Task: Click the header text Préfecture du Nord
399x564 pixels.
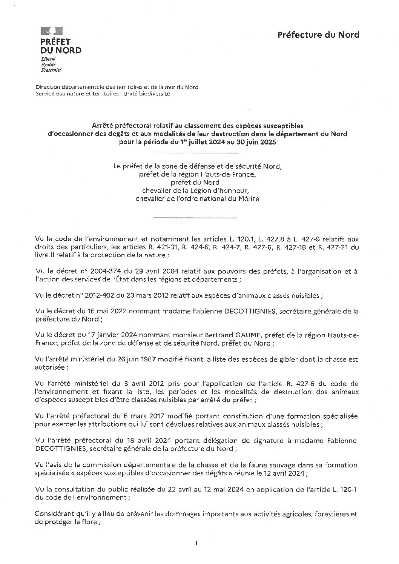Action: click(318, 35)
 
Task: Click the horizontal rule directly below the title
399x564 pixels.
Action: click(197, 153)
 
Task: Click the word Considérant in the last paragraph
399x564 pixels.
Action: click(53, 514)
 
